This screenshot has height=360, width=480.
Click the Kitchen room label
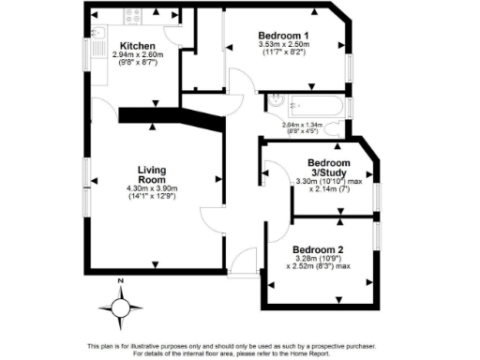(x=138, y=45)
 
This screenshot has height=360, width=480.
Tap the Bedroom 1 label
(x=284, y=37)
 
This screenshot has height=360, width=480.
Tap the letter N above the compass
(x=121, y=282)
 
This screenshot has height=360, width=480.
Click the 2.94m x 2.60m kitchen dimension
(x=138, y=55)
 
